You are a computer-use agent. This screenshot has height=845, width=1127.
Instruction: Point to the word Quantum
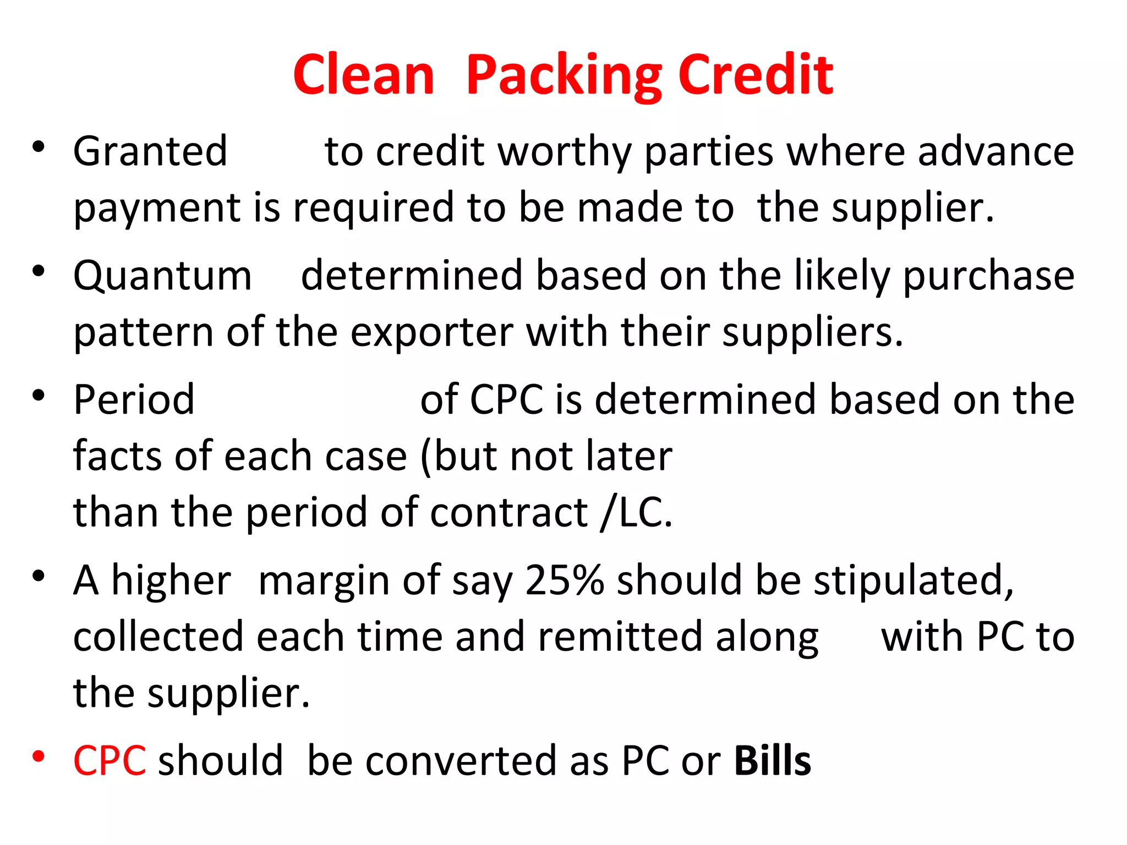[x=162, y=276]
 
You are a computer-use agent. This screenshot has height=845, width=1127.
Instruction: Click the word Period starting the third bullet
[x=134, y=399]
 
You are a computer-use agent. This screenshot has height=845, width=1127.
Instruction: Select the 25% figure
[x=564, y=580]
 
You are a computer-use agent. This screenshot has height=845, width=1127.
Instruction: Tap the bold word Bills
[x=773, y=760]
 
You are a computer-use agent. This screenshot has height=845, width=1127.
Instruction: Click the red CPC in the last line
[x=110, y=760]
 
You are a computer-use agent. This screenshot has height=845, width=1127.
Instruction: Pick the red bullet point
[x=38, y=756]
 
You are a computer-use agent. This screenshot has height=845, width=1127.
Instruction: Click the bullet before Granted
[x=38, y=147]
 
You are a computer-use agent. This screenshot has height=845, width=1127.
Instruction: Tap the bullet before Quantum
[x=38, y=271]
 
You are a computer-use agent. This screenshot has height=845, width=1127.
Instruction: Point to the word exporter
[x=431, y=333]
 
